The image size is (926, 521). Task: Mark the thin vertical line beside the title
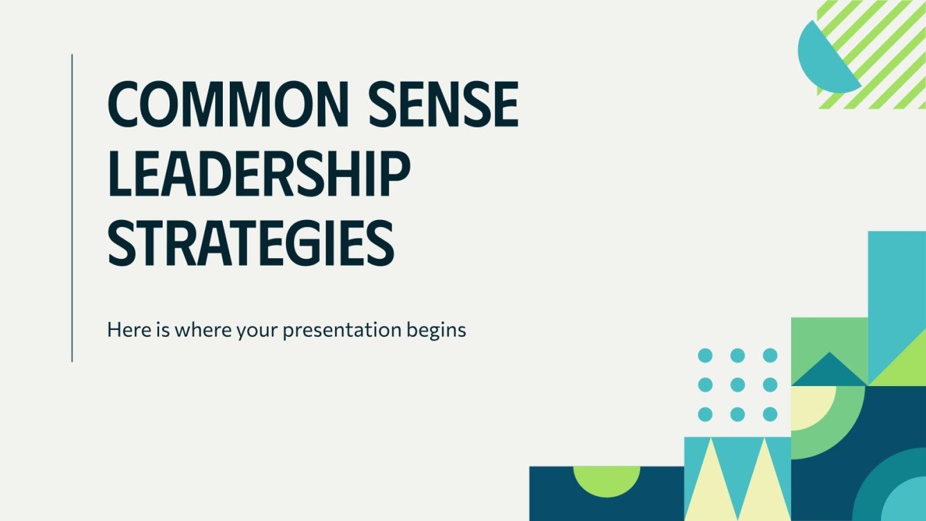pos(72,208)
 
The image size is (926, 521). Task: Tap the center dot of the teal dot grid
pos(738,385)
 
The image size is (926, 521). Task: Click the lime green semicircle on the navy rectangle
pos(606,477)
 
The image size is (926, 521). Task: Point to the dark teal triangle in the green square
pos(829,371)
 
